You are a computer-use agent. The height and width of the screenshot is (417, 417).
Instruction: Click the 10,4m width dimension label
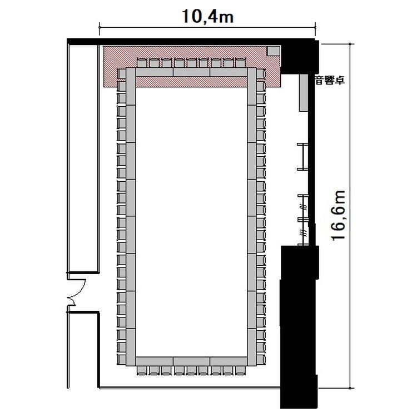point(208,16)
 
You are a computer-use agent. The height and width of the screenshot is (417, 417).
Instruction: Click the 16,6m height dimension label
point(339,216)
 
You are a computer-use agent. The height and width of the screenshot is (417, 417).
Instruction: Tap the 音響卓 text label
point(329,80)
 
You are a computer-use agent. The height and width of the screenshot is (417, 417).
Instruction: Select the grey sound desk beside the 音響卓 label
point(304,92)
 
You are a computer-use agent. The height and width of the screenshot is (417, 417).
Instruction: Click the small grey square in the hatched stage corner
point(274,51)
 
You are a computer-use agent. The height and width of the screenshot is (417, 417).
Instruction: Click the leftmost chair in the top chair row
point(142,63)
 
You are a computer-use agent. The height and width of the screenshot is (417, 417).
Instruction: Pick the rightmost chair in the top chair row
point(240,63)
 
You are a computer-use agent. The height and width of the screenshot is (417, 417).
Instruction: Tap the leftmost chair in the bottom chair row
point(142,370)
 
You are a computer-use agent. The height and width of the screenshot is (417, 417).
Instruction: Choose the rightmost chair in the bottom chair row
point(240,370)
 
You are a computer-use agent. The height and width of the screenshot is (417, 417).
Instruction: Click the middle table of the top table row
point(191,72)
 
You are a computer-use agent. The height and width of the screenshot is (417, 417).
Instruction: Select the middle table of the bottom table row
point(191,361)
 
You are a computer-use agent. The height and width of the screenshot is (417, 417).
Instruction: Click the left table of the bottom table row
point(155,361)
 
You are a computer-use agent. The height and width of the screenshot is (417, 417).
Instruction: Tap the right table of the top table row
point(229,72)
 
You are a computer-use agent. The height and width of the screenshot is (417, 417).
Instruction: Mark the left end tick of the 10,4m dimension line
point(100,27)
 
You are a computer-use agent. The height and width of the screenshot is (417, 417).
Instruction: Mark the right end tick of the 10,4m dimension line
point(315,27)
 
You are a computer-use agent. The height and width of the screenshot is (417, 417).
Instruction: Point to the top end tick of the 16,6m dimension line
point(351,44)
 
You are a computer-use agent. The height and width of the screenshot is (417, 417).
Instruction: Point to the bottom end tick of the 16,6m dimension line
point(351,388)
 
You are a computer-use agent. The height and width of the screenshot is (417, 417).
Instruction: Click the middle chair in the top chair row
point(191,63)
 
